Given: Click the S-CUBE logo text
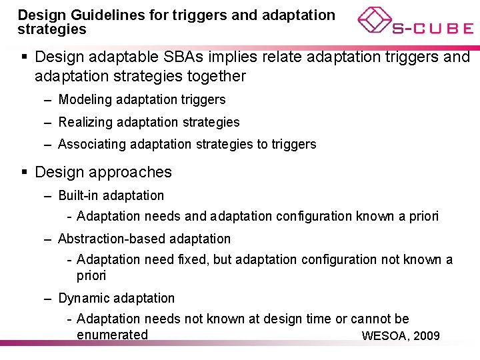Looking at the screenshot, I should coord(432,29).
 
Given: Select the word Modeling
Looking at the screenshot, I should coord(85,100).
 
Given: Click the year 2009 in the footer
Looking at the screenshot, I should coord(427,335).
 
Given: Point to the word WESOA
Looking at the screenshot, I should coord(383,335).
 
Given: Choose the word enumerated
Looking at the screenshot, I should coord(112,335).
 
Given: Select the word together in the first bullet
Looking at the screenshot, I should coord(212,77).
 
